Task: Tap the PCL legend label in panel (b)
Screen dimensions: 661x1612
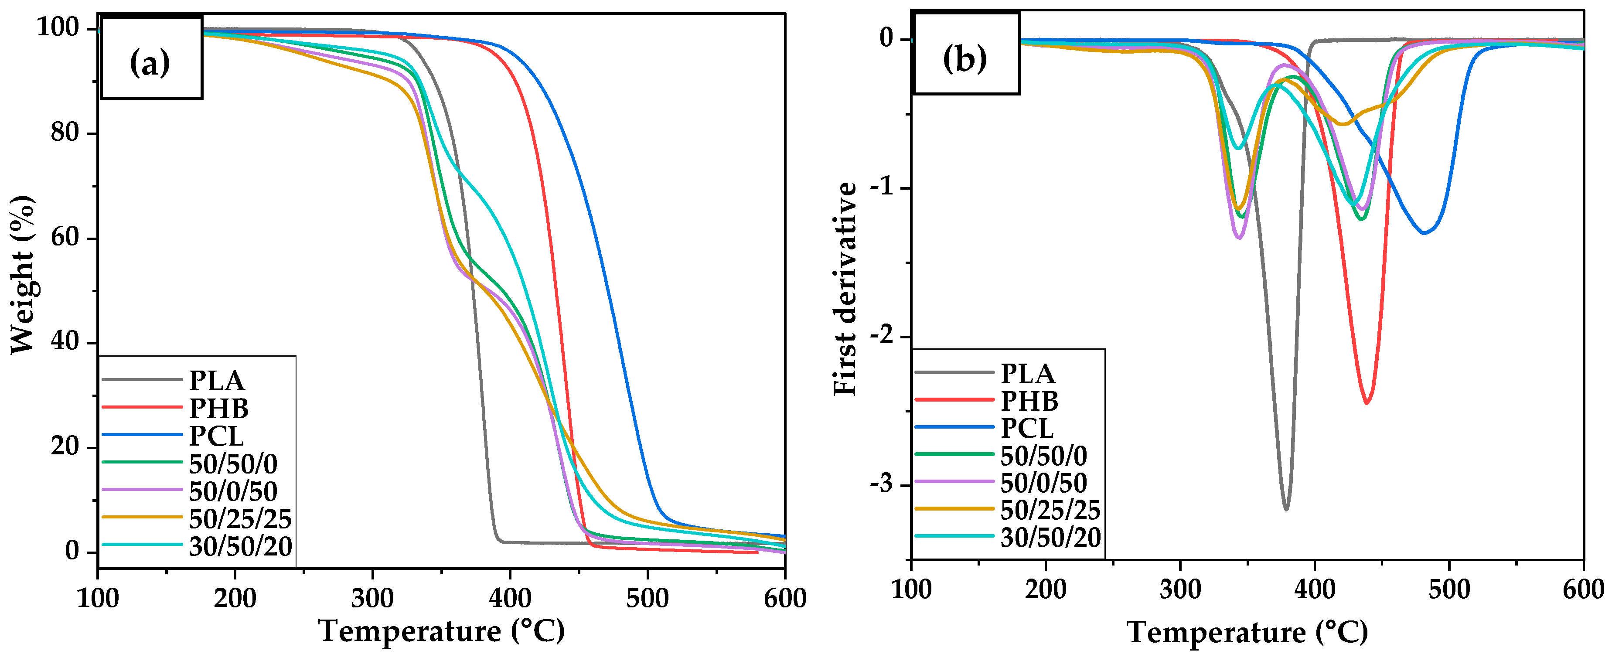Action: coord(1027,429)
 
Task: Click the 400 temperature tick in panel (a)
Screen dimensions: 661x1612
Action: coord(510,598)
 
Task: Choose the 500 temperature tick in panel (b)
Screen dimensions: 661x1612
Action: coord(1449,589)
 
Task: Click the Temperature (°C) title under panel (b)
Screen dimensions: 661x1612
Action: coord(1247,632)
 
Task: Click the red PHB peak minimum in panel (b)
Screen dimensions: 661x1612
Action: coord(1367,402)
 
